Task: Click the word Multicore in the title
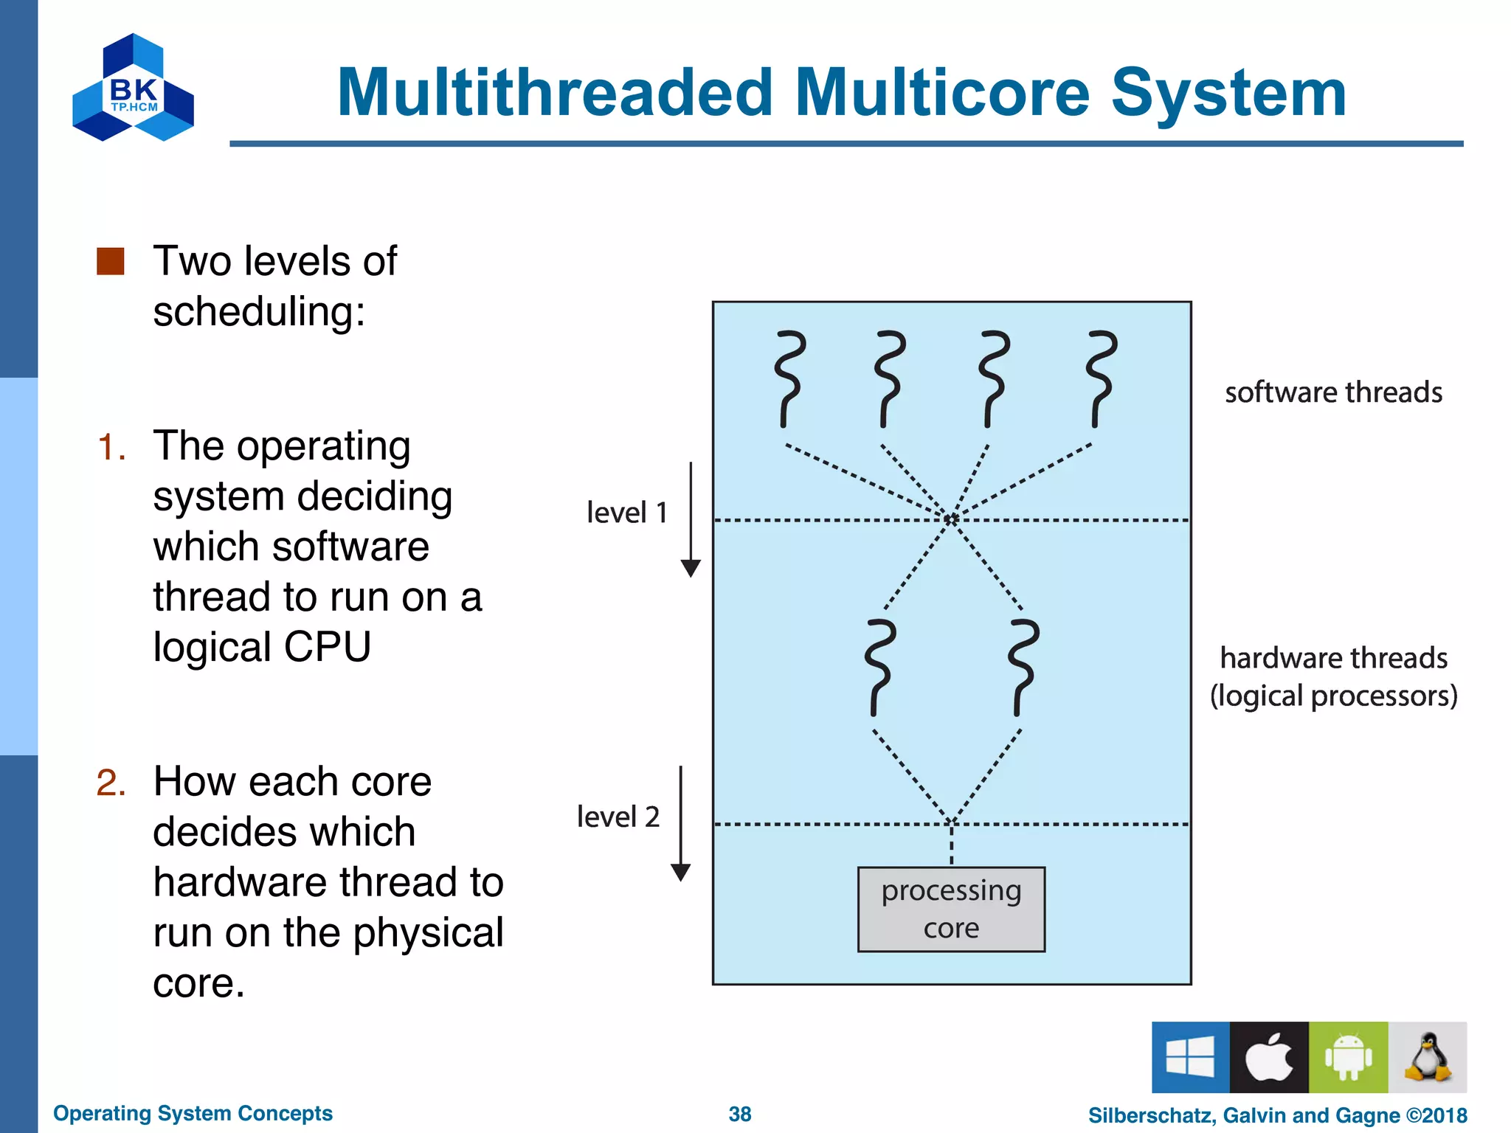pos(942,93)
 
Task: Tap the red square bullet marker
pos(111,261)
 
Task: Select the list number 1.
pos(111,447)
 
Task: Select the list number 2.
pos(111,783)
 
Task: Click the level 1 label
pos(626,513)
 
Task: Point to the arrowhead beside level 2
pos(680,873)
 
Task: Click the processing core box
pos(951,909)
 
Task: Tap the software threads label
pos(1333,392)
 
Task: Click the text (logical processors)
pos(1333,696)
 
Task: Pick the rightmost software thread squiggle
pos(1102,379)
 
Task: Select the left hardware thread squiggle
pos(880,668)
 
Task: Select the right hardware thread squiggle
pos(1023,668)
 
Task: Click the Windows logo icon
pos(1190,1057)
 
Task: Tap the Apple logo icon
pos(1269,1057)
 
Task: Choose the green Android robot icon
pos(1348,1057)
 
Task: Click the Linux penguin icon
pos(1428,1057)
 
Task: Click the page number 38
pos(739,1114)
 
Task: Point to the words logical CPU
pos(262,647)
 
